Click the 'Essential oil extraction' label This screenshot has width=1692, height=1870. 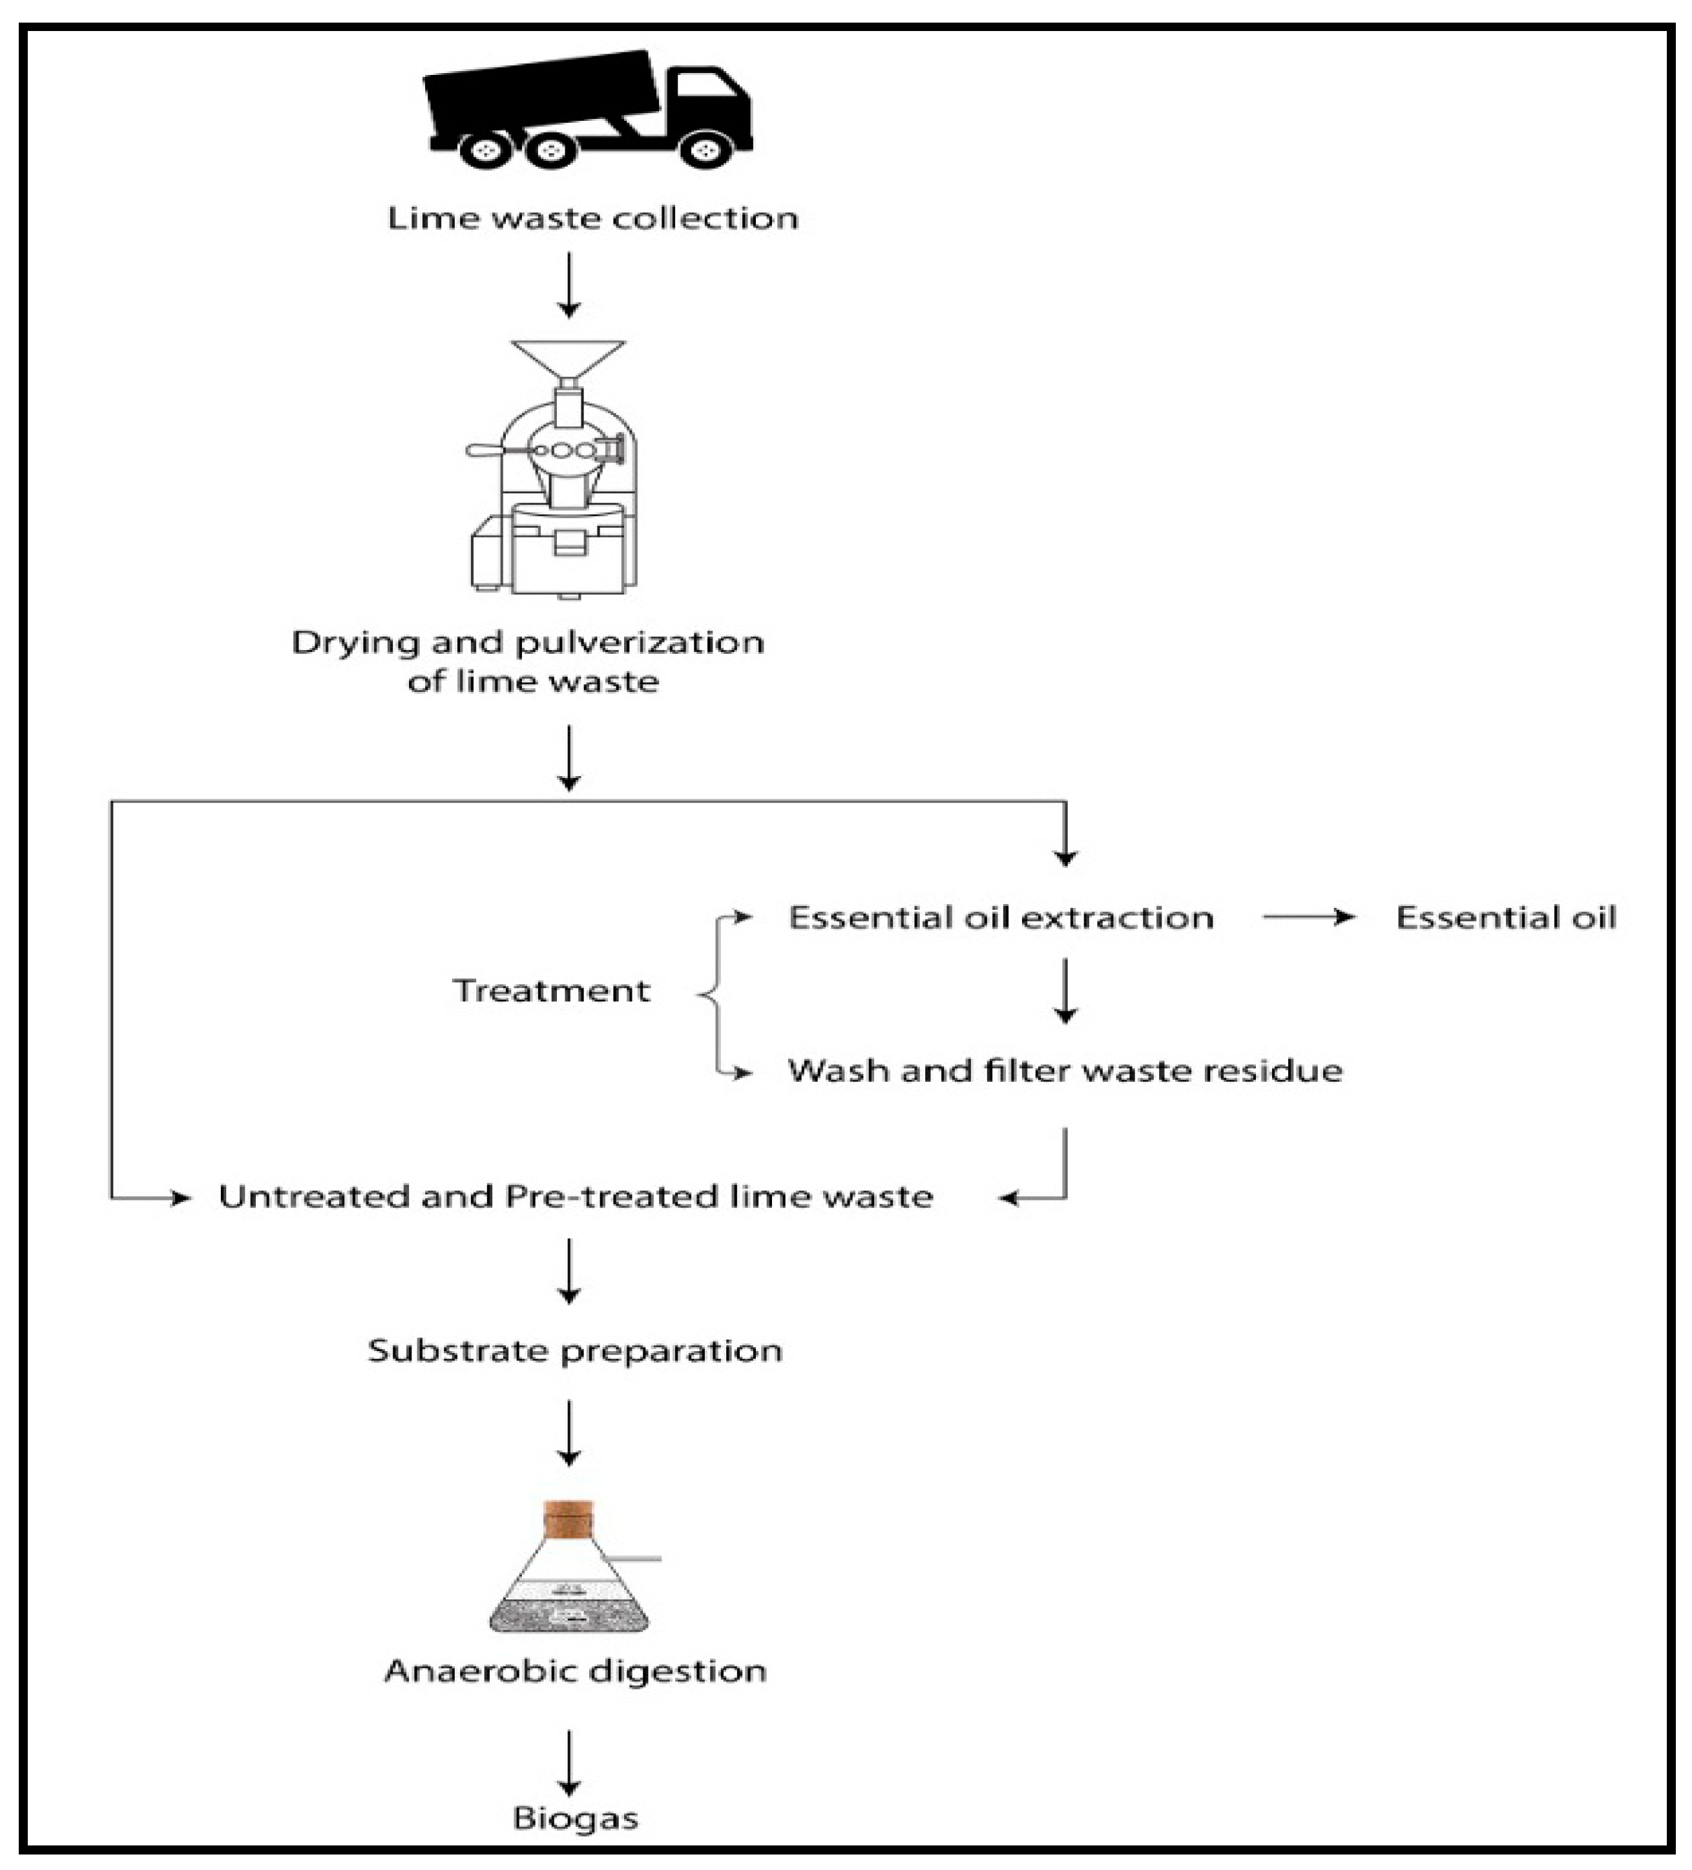click(1000, 918)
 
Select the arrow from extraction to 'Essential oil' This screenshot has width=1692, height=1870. click(1308, 918)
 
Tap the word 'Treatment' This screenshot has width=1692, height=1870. click(551, 991)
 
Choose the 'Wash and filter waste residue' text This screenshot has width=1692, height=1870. click(1065, 1071)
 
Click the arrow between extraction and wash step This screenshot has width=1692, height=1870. click(1065, 991)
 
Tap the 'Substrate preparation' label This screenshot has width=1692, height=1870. click(575, 1350)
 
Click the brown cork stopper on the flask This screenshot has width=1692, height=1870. click(568, 1519)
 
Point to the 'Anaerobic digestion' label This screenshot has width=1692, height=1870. click(575, 1670)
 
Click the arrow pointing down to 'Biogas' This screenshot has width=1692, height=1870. click(569, 1762)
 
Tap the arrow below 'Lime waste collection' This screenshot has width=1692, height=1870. click(569, 284)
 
